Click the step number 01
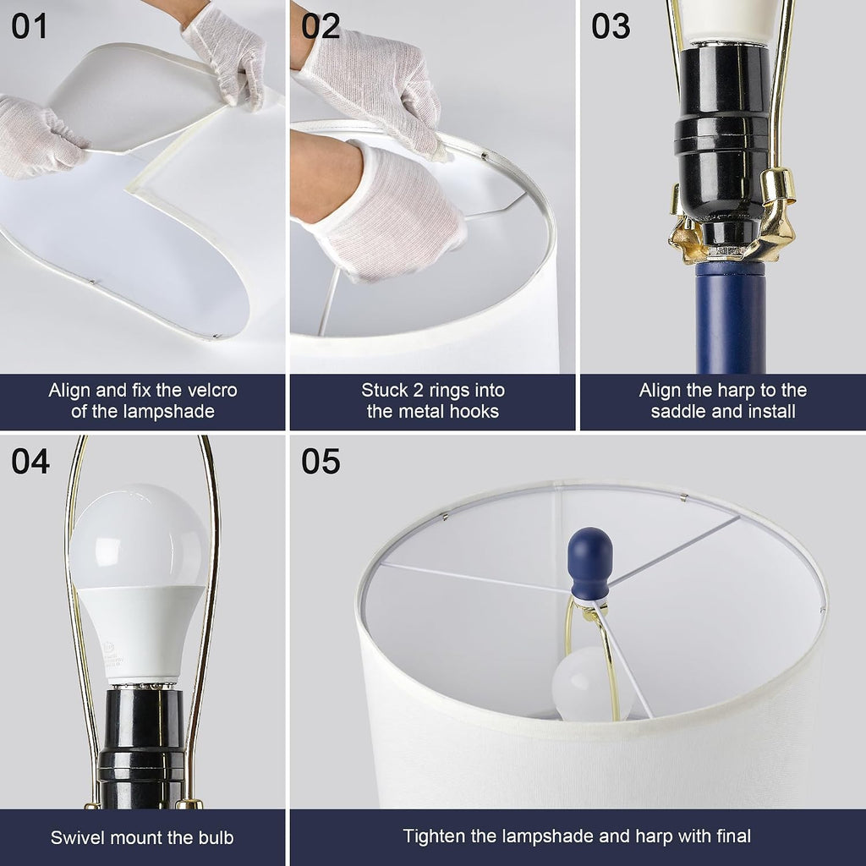tap(30, 26)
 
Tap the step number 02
tap(321, 26)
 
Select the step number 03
tap(611, 26)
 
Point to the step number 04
tap(30, 461)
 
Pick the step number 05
tap(321, 461)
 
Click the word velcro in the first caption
tap(212, 391)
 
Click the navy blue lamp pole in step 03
tap(730, 317)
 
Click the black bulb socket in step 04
tap(141, 746)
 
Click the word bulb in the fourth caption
tap(216, 838)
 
